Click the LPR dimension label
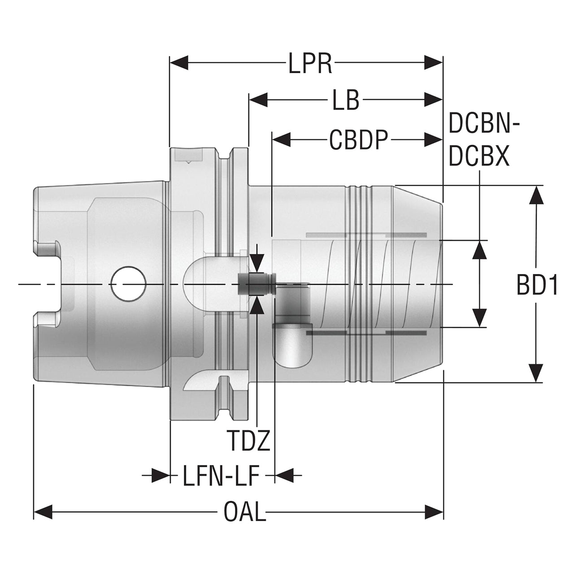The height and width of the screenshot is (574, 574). (310, 63)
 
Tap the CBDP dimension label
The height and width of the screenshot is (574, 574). (359, 139)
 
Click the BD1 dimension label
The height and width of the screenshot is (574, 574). (537, 285)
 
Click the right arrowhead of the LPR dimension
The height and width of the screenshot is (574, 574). (433, 63)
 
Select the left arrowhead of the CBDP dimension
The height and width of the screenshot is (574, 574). (281, 139)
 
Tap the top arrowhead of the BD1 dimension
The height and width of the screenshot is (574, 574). (536, 195)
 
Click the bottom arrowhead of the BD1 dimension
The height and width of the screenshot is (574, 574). (536, 373)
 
